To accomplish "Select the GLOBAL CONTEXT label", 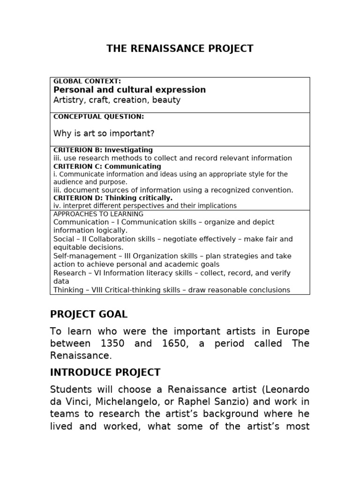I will (87, 81).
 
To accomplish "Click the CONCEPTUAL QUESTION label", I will (98, 117).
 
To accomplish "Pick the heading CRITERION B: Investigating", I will (103, 150).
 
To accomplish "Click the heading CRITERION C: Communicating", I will (107, 166).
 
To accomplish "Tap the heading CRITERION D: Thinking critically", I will (112, 198).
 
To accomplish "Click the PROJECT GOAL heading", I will (89, 314).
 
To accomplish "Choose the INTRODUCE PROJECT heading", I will (105, 373).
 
